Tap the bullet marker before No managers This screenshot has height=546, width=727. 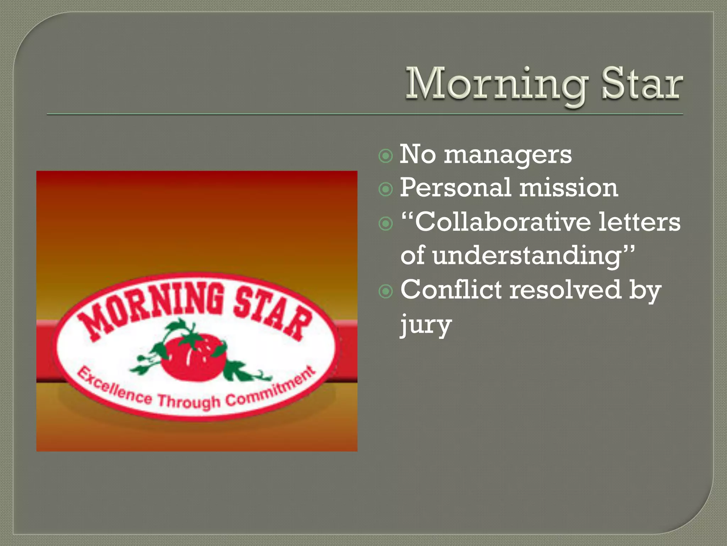pos(386,156)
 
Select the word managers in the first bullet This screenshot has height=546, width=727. pos(508,155)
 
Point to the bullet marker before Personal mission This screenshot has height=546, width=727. pos(386,189)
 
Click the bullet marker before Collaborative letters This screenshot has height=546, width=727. pos(386,224)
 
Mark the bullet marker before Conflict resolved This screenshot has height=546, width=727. pos(386,291)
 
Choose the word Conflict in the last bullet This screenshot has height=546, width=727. pos(451,289)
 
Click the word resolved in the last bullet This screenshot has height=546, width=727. pos(565,289)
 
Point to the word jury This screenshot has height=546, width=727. pos(426,324)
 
